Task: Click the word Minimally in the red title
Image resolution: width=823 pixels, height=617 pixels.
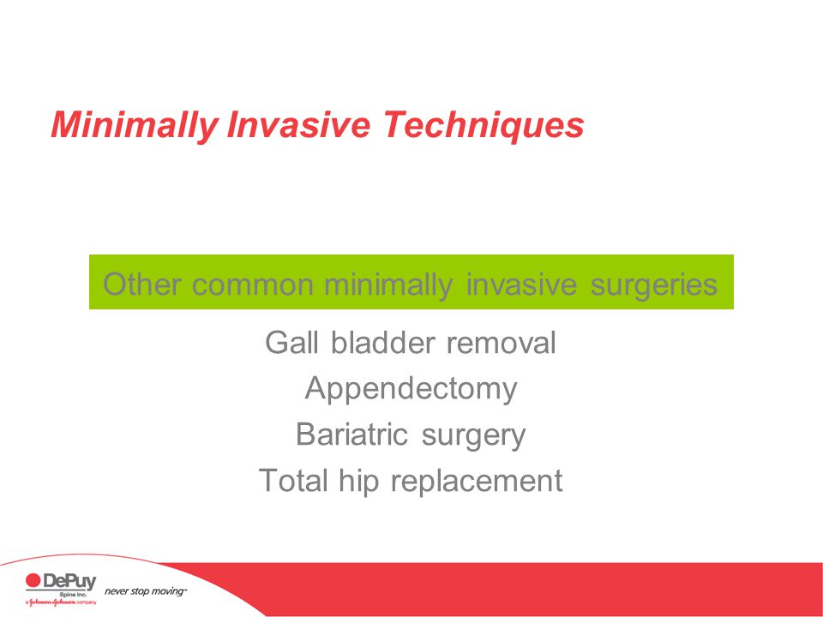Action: pos(135,126)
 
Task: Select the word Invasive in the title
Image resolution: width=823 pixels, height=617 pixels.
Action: pos(298,124)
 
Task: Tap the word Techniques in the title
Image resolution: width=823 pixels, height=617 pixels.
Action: pos(484,126)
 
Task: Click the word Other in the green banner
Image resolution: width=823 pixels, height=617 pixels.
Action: pos(141,285)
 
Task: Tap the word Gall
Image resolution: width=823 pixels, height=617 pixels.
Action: pos(291,343)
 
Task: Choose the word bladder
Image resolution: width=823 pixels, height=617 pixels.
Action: pos(382,343)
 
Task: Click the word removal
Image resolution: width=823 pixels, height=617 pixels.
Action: pos(502,343)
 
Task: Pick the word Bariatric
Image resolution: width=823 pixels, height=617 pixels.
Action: pos(351,434)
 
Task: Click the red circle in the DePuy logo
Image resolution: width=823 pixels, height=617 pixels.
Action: pos(33,580)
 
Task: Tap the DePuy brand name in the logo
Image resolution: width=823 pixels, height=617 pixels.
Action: pos(69,581)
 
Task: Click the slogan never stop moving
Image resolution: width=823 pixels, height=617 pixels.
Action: pos(145,591)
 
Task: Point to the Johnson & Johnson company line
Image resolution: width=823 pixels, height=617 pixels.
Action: pos(61,602)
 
